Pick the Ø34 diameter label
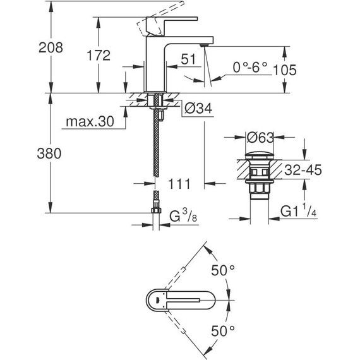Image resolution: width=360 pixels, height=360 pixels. click(197, 109)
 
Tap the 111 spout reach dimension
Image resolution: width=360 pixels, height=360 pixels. click(180, 184)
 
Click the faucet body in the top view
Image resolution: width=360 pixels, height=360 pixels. click(183, 300)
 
